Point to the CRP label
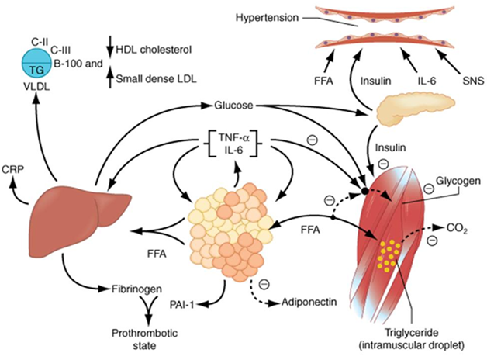[12, 168]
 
